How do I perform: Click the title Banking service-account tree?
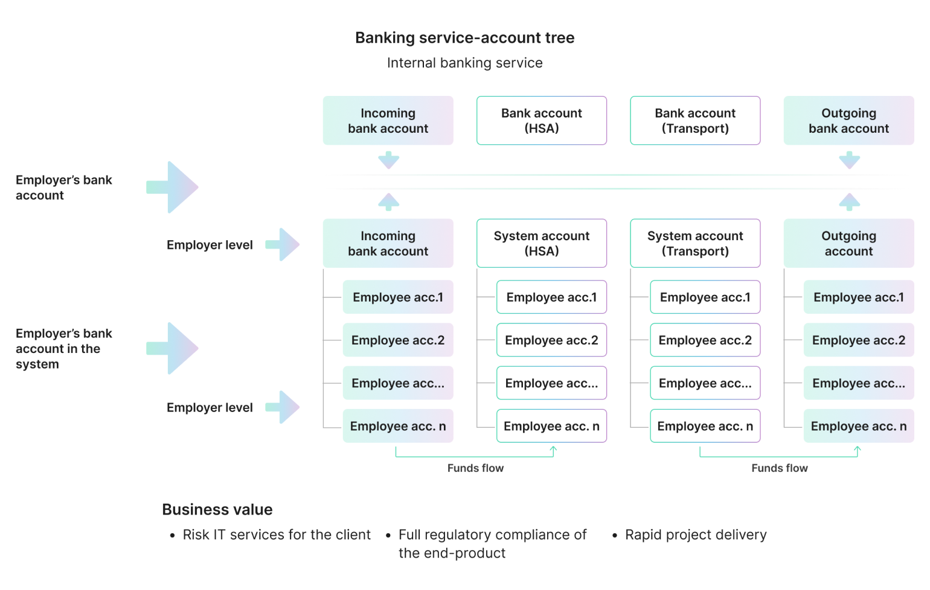(x=464, y=38)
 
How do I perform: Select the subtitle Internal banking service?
(x=464, y=63)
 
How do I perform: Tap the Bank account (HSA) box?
(x=542, y=121)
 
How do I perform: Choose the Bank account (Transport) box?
(x=695, y=121)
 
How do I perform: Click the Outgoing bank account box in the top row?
(x=848, y=121)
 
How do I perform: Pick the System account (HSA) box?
(x=542, y=244)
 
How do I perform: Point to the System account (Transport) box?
(x=695, y=244)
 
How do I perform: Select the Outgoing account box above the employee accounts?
(x=848, y=244)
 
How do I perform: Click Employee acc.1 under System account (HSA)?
(x=551, y=297)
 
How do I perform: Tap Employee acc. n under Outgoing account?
(x=858, y=427)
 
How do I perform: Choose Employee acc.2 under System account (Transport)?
(x=705, y=340)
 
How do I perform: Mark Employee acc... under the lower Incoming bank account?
(x=398, y=384)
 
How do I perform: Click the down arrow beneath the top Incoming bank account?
(x=388, y=160)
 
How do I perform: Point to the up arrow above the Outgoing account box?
(x=849, y=201)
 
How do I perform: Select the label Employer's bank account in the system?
(x=63, y=349)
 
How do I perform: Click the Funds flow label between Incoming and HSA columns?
(x=475, y=468)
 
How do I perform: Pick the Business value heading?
(x=217, y=510)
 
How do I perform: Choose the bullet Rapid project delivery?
(x=695, y=535)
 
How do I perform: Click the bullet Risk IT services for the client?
(x=277, y=535)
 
